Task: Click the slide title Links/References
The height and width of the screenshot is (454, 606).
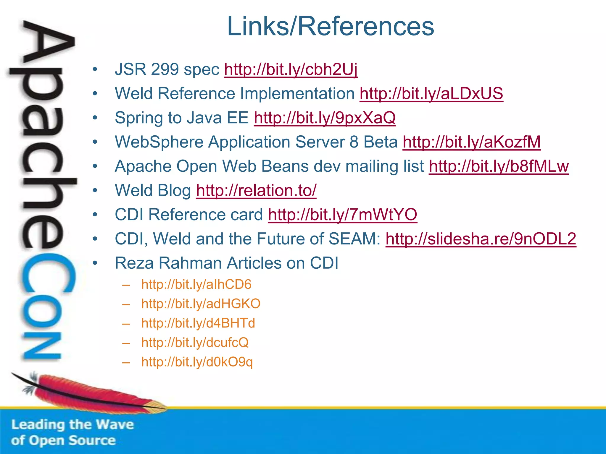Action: [330, 27]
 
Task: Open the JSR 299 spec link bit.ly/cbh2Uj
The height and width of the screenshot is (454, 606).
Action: [291, 69]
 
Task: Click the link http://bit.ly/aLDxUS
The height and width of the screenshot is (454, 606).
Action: [431, 94]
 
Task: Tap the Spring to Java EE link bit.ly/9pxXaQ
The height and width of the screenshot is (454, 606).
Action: [325, 118]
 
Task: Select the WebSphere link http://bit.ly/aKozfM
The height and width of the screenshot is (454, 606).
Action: [471, 142]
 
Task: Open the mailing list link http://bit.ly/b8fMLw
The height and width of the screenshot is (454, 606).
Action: [499, 166]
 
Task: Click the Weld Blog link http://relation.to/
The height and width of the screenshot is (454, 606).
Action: [256, 191]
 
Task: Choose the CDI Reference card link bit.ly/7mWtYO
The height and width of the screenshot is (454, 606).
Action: [342, 215]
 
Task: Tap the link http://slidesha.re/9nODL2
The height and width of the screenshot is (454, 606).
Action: [481, 239]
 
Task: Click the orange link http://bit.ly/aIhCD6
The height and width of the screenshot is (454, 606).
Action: [196, 284]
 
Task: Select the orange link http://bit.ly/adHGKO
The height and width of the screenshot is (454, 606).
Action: [201, 304]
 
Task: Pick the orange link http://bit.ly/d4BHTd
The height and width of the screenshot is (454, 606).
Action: [198, 323]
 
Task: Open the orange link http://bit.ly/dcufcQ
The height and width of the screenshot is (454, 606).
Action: [195, 343]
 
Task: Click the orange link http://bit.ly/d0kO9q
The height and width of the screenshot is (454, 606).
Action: [197, 362]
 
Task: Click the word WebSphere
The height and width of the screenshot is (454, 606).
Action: [159, 142]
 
